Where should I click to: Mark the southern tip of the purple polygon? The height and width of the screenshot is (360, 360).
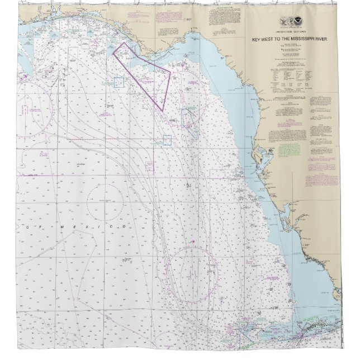(163, 110)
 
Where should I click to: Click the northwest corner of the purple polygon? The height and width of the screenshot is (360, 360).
(113, 53)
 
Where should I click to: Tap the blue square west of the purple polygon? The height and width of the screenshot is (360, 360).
(119, 82)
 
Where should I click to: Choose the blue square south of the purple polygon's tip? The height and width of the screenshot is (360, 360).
(168, 140)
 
